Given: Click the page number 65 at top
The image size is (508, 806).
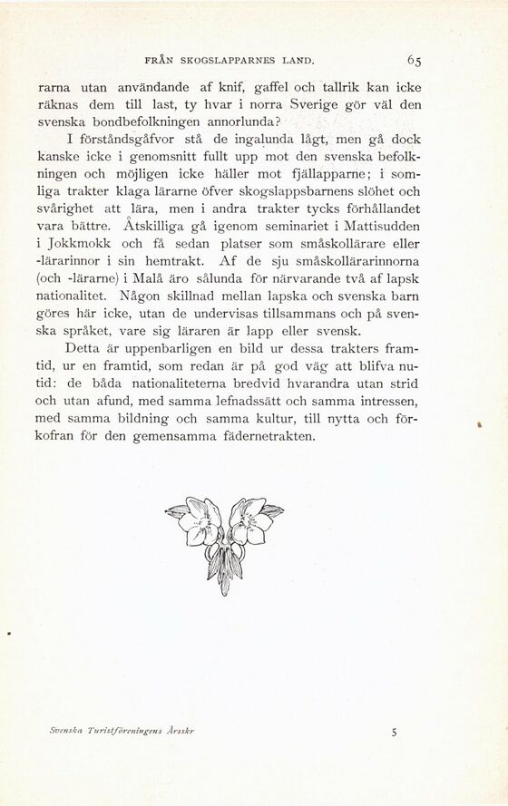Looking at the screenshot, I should click(x=416, y=61).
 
